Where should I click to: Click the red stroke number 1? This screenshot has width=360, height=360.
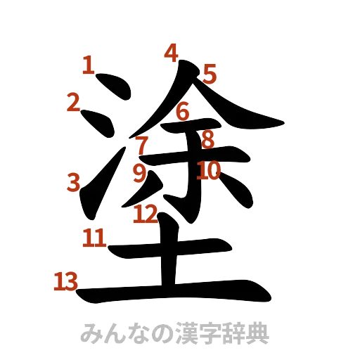87,65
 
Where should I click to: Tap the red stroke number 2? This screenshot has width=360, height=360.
72,103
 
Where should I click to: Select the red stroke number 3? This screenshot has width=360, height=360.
74,183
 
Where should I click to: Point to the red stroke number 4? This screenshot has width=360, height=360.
172,53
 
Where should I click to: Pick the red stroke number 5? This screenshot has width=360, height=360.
210,73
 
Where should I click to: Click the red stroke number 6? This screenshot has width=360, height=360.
183,111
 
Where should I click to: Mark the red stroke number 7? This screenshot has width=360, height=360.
142,145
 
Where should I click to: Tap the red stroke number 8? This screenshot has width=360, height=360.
207,139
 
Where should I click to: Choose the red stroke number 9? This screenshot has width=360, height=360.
139,172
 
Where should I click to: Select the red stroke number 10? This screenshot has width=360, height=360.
209,170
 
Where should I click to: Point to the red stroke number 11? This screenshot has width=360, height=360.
94,237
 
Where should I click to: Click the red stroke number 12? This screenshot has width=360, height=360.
146,213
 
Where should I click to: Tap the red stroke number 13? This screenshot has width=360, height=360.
65,281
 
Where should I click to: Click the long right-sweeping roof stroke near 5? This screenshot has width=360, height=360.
232,112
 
